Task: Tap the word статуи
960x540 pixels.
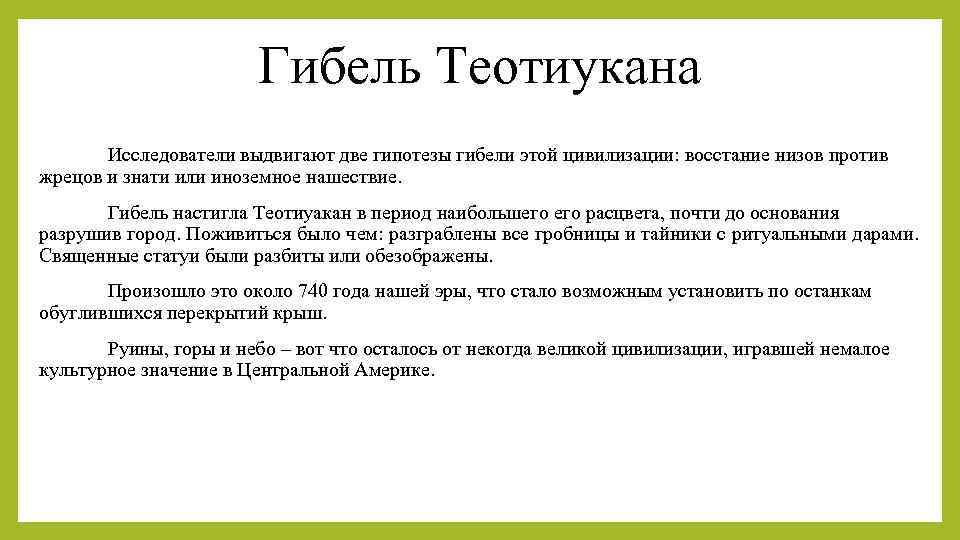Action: (x=159, y=255)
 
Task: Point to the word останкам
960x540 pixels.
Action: (x=833, y=291)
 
